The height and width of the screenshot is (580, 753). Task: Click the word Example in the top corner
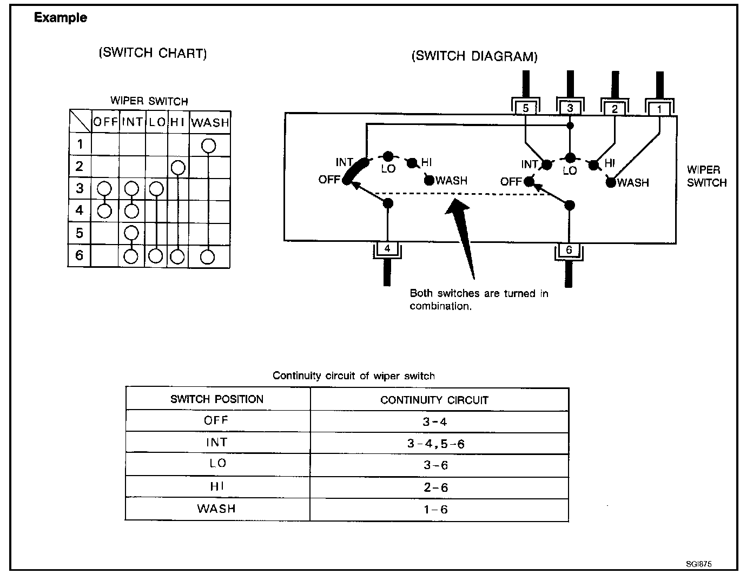(60, 18)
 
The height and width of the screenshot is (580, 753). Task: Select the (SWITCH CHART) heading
(153, 53)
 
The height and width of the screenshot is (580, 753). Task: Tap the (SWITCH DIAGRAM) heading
(474, 56)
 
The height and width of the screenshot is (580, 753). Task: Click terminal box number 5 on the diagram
(526, 108)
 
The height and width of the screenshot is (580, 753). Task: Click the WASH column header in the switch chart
(210, 123)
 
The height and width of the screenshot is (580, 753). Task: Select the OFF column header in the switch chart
(105, 122)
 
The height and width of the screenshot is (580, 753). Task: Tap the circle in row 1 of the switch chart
(209, 146)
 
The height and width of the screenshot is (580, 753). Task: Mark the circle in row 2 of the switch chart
(178, 168)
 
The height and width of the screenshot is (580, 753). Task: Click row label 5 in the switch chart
(80, 233)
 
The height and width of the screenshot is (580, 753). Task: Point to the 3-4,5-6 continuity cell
(435, 444)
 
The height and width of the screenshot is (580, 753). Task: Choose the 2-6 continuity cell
(435, 487)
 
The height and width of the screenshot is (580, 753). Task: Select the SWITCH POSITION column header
(217, 399)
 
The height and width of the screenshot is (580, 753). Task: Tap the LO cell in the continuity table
(218, 463)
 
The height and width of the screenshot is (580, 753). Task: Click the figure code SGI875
(698, 564)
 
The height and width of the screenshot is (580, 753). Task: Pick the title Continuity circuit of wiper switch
(353, 376)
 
